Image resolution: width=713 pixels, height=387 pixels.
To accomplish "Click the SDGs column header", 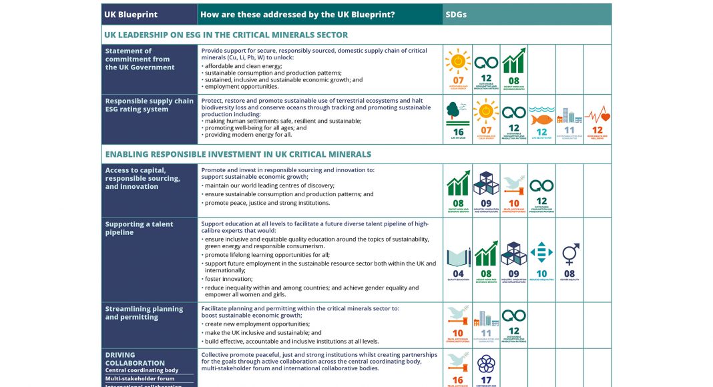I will [x=457, y=14].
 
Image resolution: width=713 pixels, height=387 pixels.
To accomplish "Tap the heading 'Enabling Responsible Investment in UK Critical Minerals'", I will [x=238, y=154].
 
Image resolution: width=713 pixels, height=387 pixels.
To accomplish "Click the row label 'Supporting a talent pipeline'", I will [x=139, y=228].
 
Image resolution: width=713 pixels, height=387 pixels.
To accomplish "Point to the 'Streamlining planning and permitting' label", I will [x=144, y=313].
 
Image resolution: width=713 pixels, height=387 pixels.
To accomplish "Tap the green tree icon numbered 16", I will [x=457, y=112].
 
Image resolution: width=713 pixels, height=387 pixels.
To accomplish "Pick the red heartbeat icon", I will [x=597, y=115].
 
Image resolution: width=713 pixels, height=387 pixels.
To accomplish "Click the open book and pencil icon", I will [x=458, y=257].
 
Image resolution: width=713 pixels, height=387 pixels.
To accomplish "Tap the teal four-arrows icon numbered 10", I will [x=541, y=253].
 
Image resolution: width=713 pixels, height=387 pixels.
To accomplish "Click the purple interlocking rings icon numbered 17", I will [x=485, y=364].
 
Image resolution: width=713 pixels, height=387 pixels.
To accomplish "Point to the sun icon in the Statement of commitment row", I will [x=458, y=62].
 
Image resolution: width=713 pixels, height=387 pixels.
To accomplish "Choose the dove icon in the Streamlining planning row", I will [x=457, y=315].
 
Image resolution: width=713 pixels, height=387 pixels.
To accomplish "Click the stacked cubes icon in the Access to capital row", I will [x=485, y=184].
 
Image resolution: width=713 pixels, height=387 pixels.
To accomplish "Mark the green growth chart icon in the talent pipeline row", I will [x=485, y=254].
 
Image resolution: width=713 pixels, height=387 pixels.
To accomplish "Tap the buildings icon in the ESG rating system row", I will [x=569, y=115].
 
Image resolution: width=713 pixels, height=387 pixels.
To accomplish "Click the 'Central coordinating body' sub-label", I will [x=142, y=370].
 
